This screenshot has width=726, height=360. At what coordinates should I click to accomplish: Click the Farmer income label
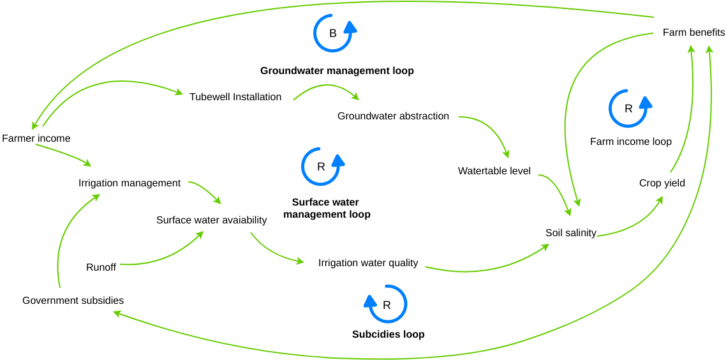(36, 139)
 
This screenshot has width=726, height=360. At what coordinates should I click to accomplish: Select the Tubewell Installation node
(235, 97)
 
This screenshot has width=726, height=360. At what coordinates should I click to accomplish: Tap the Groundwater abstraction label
(393, 116)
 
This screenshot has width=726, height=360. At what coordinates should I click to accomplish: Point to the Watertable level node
(494, 171)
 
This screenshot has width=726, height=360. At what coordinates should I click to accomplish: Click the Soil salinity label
(570, 233)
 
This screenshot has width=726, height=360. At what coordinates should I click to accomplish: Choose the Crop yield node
(662, 183)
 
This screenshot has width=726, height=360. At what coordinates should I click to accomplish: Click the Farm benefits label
(693, 33)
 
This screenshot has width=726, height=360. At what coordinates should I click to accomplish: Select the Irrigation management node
(130, 183)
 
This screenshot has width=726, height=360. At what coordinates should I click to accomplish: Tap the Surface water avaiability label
(211, 220)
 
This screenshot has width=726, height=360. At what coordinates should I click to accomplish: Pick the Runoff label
(101, 267)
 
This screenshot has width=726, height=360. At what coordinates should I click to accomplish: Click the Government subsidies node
(73, 301)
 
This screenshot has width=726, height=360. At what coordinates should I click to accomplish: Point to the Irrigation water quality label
(368, 263)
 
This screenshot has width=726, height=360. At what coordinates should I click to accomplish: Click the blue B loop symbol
(333, 33)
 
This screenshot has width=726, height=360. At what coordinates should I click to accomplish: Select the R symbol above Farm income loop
(628, 109)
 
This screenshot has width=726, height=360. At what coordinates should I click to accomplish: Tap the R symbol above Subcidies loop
(387, 304)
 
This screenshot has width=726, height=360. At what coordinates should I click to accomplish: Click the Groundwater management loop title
(337, 71)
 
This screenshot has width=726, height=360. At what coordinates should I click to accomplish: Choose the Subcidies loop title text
(388, 334)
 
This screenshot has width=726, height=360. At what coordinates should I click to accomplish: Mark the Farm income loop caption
(630, 142)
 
